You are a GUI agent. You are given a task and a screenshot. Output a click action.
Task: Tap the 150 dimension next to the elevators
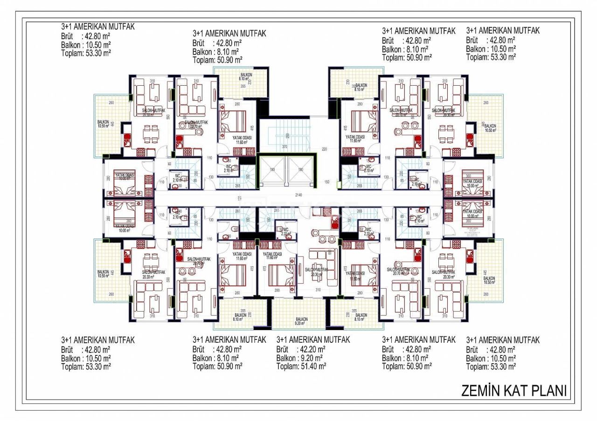click(x=327, y=182)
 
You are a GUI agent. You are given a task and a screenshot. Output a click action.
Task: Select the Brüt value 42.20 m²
click(x=311, y=349)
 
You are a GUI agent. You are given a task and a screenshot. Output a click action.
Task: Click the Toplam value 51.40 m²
click(x=312, y=367)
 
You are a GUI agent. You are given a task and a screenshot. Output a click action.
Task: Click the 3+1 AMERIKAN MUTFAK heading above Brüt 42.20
click(x=313, y=340)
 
